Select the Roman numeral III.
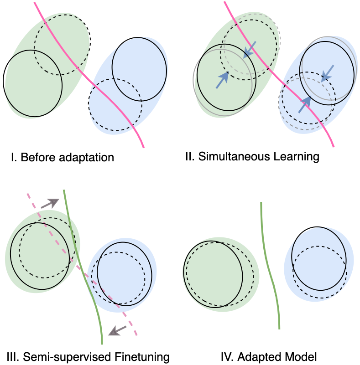(x=13, y=356)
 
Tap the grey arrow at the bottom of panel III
(x=118, y=329)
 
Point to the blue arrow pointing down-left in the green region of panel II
(x=249, y=50)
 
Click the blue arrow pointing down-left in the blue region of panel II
(x=327, y=73)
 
